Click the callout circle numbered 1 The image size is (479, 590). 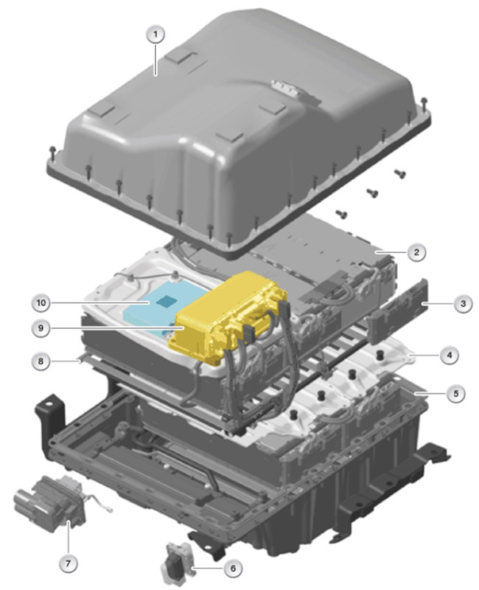pos(155,35)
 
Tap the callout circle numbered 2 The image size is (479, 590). pos(416,252)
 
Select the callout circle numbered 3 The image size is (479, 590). pos(463,303)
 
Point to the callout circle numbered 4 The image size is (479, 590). pos(450,355)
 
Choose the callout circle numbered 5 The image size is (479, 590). pos(455,394)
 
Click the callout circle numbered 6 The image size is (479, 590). pos(233,568)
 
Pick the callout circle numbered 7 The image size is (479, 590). pos(68,563)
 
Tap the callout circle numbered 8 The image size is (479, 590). pos(41,361)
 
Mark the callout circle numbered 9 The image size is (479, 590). pos(41,328)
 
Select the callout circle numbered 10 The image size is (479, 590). pos(41,302)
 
